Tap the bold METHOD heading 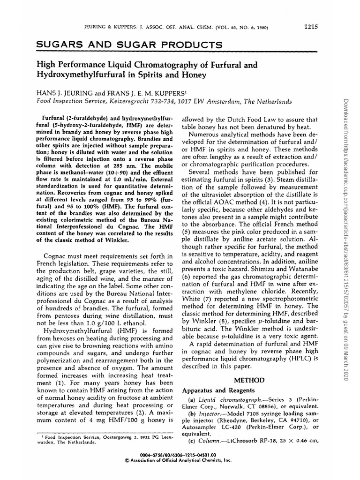point(250,380)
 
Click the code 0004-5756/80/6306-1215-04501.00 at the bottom point(180,455)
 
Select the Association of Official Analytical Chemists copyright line point(180,461)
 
